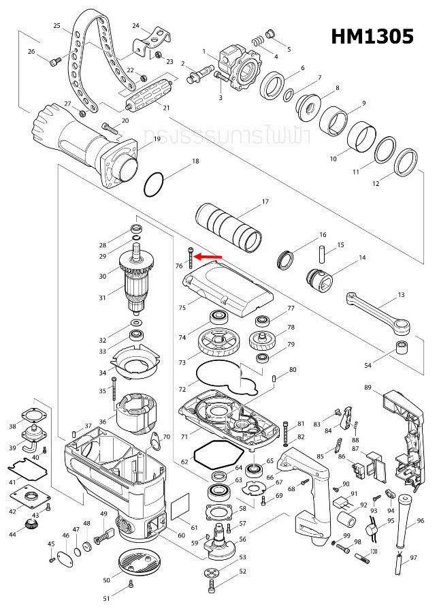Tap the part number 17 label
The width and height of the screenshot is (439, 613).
265,202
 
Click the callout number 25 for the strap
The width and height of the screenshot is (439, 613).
57,25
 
